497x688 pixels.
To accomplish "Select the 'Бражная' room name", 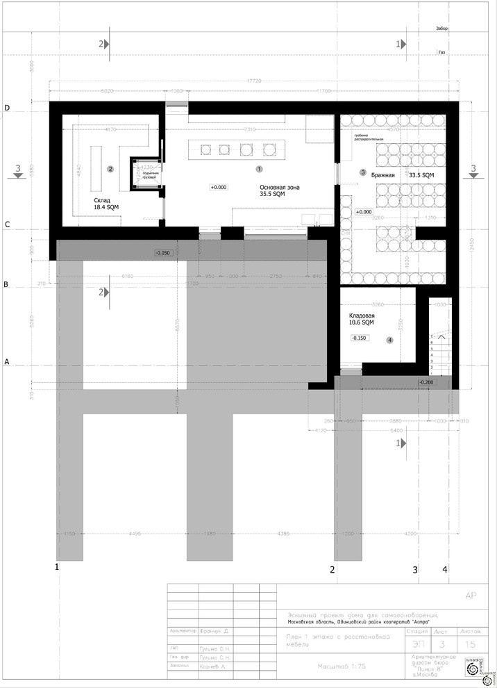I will [382, 175].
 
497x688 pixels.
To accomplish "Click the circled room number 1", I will [260, 168].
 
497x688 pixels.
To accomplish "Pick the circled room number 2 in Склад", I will [110, 169].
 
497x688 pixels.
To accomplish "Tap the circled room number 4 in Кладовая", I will [389, 340].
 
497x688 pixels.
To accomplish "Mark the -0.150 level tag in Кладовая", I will [359, 338].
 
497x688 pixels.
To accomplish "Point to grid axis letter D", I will [7, 108].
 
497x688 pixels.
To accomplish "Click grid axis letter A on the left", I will [7, 362].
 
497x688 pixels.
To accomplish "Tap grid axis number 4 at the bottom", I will [445, 570].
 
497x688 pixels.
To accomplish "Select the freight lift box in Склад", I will [146, 173].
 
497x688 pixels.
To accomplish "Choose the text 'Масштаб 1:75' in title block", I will [342, 666].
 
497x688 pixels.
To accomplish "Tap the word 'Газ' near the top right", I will [441, 52].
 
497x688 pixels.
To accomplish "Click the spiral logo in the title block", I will [474, 669].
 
